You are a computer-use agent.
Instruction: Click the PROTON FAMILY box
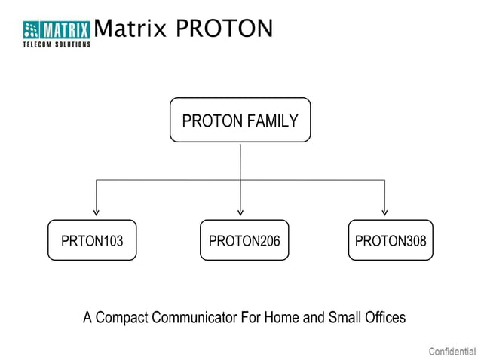point(240,120)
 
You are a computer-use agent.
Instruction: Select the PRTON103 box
point(92,240)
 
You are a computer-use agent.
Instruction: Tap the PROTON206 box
point(244,240)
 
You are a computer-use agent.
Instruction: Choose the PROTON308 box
point(390,240)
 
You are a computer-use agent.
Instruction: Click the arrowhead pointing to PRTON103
point(96,212)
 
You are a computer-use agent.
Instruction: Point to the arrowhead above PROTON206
point(240,212)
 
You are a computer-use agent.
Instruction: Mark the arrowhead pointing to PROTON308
point(385,212)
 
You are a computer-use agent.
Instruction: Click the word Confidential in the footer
point(452,351)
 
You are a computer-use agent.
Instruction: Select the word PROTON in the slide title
point(224,29)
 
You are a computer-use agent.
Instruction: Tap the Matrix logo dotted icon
point(31,30)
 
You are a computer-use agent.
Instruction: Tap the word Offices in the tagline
point(384,317)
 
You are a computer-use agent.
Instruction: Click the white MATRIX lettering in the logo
point(66,30)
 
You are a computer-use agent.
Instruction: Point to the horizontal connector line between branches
point(166,180)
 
